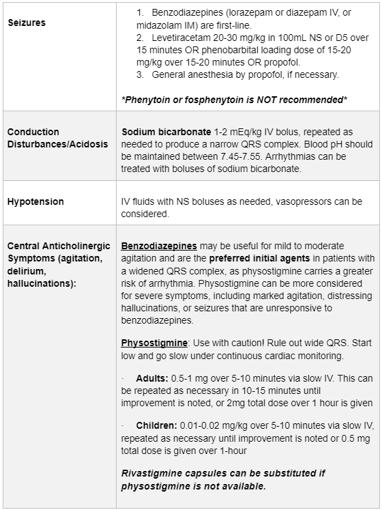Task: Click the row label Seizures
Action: (x=27, y=23)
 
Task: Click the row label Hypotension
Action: (x=35, y=201)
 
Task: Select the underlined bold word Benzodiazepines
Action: (x=159, y=245)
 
